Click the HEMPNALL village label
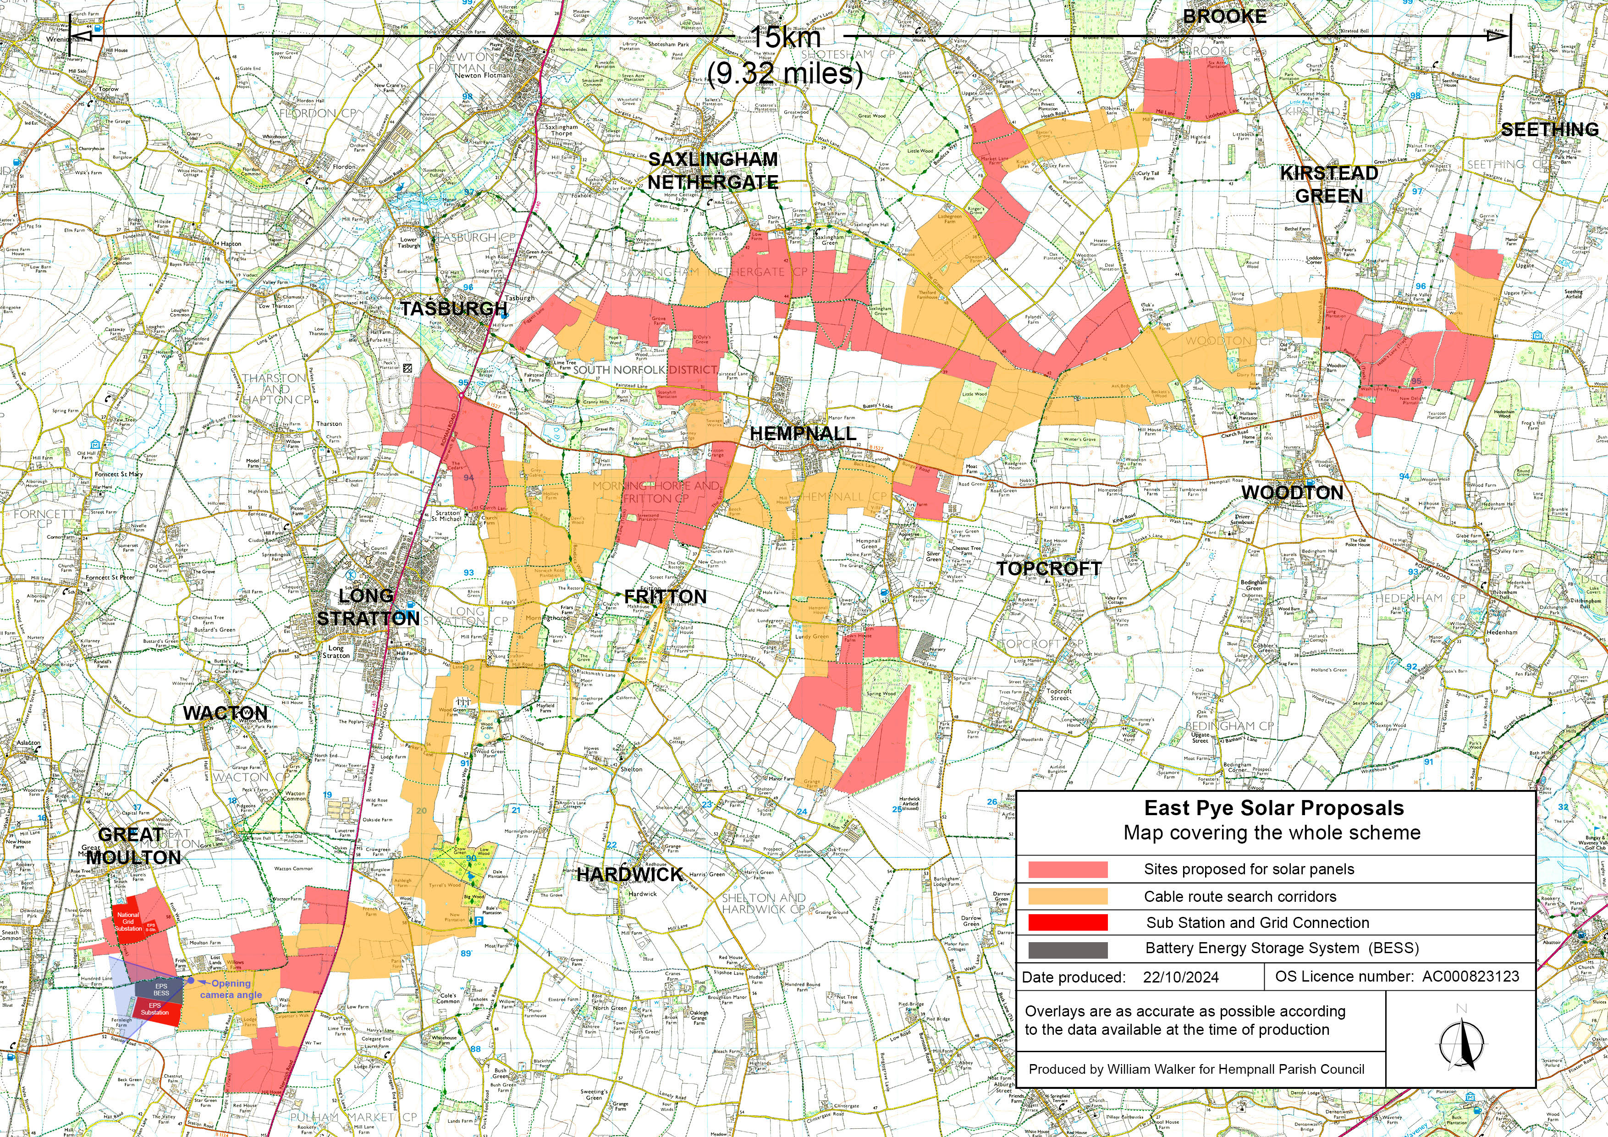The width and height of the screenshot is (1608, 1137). click(x=803, y=434)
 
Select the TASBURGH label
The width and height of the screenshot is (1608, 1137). click(x=454, y=308)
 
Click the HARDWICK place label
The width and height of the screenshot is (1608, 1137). click(x=630, y=874)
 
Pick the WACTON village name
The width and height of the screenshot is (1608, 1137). click(x=225, y=713)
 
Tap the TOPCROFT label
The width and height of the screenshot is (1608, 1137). click(x=1048, y=569)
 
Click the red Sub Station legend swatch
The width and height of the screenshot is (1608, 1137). click(x=1068, y=922)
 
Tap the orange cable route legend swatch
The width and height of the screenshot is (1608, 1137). click(x=1068, y=896)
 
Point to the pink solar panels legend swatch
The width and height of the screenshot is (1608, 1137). click(x=1068, y=869)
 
